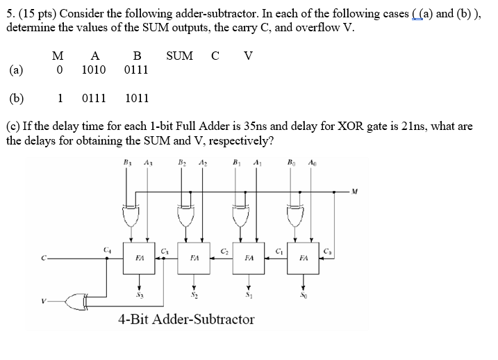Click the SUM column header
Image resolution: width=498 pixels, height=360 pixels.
coord(179,56)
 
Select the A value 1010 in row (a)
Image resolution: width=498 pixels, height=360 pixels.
coord(94,70)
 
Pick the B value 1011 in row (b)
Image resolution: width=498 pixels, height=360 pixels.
coord(137,98)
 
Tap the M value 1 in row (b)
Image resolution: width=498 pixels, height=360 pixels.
coord(60,98)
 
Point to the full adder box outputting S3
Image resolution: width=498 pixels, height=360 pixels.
coord(140,256)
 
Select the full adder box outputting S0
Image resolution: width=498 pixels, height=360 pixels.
coord(303,256)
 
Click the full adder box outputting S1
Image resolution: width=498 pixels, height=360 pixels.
coord(249,256)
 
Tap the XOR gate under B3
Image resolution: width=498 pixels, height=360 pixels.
coord(128,215)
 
